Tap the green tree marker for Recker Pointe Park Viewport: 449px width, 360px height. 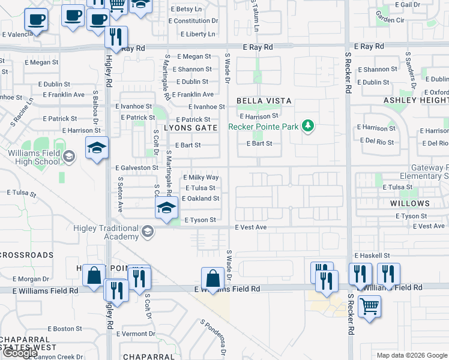(308, 125)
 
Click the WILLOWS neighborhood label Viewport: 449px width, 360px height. (410, 203)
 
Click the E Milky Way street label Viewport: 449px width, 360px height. (200, 178)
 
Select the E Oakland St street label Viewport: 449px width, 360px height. (200, 198)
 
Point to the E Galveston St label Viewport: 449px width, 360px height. (136, 169)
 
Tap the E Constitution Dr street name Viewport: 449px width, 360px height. (193, 21)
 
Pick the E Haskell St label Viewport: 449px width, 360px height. (373, 256)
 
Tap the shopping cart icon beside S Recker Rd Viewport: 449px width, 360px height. (369, 306)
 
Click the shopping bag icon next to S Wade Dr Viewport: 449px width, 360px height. (212, 278)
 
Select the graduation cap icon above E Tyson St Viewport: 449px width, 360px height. (166, 208)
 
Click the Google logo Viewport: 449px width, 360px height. (20, 353)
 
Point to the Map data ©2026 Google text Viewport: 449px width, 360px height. (411, 355)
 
